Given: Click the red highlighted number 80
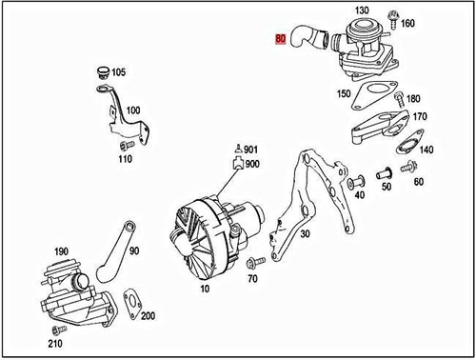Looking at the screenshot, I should pyautogui.click(x=279, y=40).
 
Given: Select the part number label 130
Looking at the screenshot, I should pyautogui.click(x=361, y=10).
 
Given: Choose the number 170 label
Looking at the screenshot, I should pyautogui.click(x=419, y=118).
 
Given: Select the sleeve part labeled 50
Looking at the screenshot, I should pyautogui.click(x=386, y=175).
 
